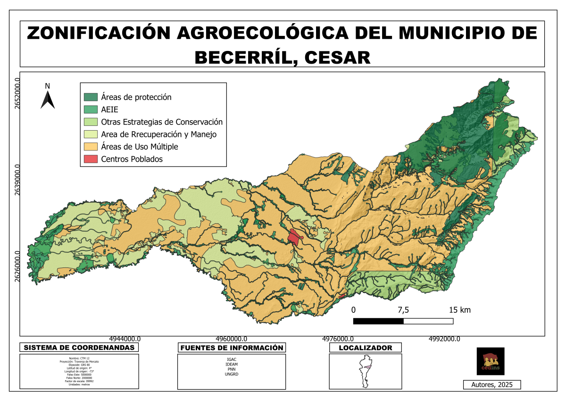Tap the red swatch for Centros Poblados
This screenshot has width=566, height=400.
pyautogui.click(x=91, y=159)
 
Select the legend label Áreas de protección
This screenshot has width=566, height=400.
pyautogui.click(x=136, y=97)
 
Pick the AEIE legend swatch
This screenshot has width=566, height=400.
pyautogui.click(x=91, y=109)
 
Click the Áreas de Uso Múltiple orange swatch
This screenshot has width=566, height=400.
pyautogui.click(x=91, y=147)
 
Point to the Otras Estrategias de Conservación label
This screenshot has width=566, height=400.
pyautogui.click(x=161, y=122)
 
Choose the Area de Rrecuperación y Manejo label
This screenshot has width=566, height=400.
pyautogui.click(x=158, y=134)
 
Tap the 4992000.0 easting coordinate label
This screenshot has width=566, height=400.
pyautogui.click(x=444, y=339)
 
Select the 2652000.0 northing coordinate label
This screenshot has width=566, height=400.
pyautogui.click(x=17, y=93)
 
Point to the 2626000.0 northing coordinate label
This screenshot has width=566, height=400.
pyautogui.click(x=17, y=267)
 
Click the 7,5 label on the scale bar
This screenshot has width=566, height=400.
pyautogui.click(x=403, y=310)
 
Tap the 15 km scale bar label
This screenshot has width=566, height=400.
pyautogui.click(x=459, y=310)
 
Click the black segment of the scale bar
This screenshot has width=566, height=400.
pyautogui.click(x=378, y=321)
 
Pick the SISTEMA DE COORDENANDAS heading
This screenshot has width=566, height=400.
pyautogui.click(x=79, y=348)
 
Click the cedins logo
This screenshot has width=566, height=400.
pyautogui.click(x=491, y=361)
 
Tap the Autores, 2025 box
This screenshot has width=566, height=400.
pyautogui.click(x=492, y=384)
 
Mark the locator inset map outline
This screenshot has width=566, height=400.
pyautogui.click(x=365, y=371)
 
